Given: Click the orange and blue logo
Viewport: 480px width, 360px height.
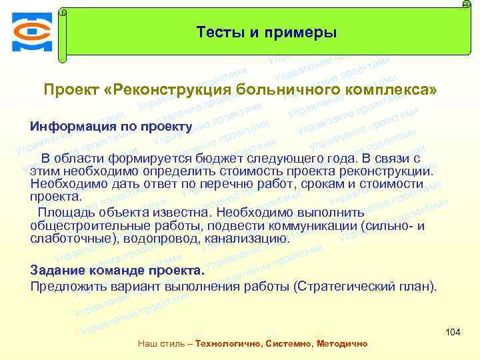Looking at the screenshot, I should [31, 31].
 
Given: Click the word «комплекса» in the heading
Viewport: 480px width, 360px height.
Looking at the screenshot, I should [388, 90].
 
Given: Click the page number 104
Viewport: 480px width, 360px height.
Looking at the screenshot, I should [453, 332].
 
